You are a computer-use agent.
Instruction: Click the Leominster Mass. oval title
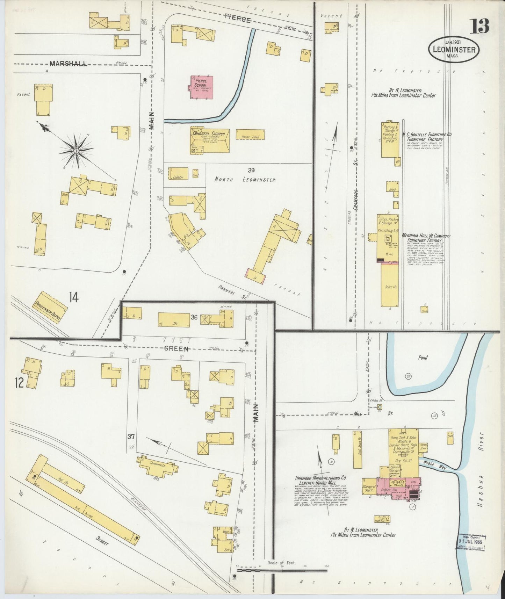[454, 50]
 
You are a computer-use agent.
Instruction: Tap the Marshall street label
[68, 64]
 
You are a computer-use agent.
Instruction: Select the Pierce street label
[238, 20]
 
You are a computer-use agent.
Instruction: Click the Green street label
[177, 348]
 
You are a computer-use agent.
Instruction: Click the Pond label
[423, 358]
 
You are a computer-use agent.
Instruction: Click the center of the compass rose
[76, 151]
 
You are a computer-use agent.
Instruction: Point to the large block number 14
[73, 297]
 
